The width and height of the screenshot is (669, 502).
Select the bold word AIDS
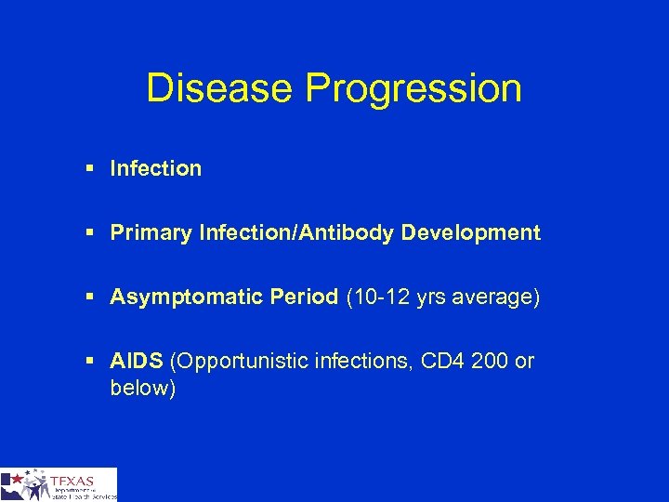pyautogui.click(x=135, y=361)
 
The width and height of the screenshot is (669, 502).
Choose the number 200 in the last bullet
pyautogui.click(x=484, y=361)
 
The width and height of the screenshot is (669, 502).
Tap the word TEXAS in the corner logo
pyautogui.click(x=72, y=480)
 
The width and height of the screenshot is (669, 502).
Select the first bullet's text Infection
pyautogui.click(x=155, y=168)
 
